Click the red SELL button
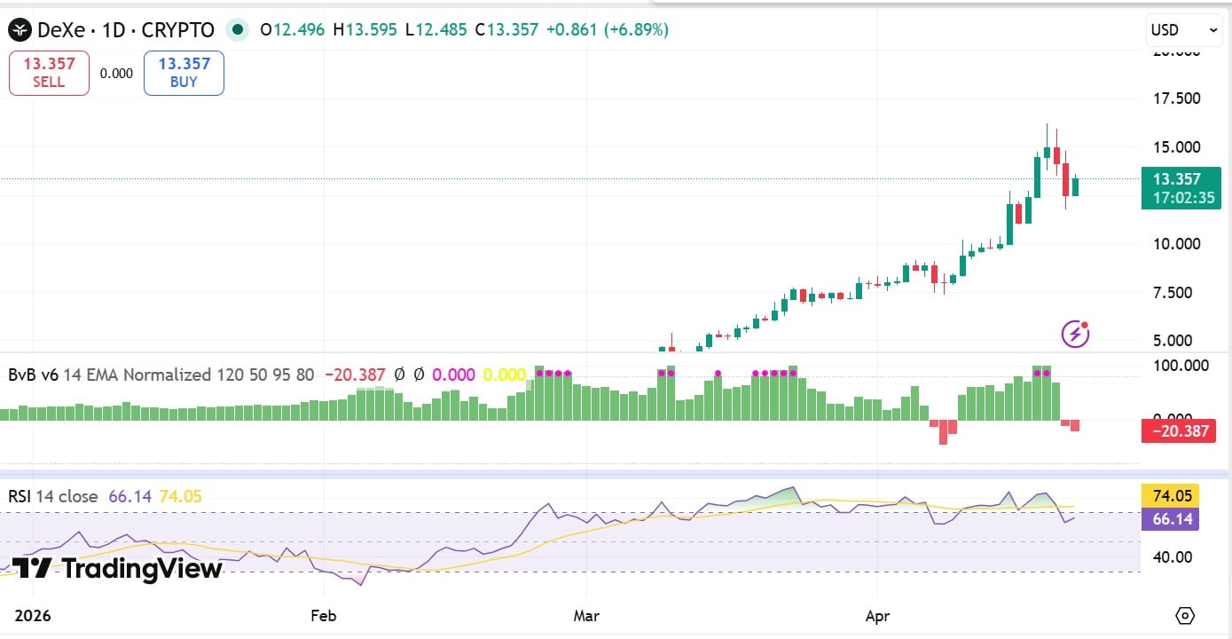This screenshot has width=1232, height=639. click(x=49, y=73)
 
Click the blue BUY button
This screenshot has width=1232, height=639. click(x=184, y=73)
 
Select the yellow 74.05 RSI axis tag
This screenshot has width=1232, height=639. click(x=1170, y=495)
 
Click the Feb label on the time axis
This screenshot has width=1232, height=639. click(x=324, y=615)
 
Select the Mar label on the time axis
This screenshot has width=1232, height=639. click(x=586, y=615)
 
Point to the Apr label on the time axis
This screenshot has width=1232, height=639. click(x=877, y=615)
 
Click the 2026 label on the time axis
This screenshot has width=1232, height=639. click(x=33, y=615)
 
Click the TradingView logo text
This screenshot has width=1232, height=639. click(x=117, y=568)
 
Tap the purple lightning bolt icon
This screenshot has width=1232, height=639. click(x=1075, y=334)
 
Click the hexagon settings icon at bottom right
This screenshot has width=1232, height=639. click(x=1185, y=616)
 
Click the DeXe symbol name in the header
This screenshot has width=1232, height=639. click(x=59, y=30)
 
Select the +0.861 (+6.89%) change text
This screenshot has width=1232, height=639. click(x=607, y=30)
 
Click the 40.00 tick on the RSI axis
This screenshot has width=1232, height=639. click(x=1171, y=557)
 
